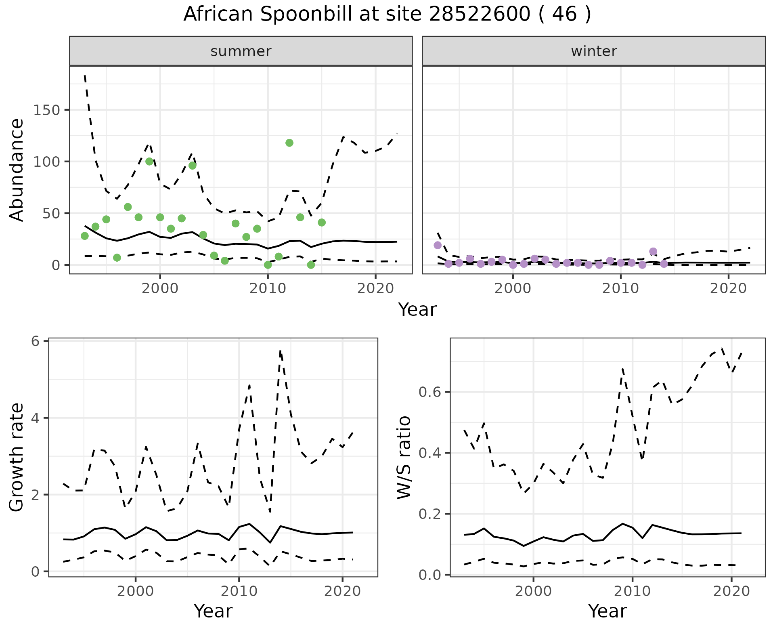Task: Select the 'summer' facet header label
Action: click(x=241, y=51)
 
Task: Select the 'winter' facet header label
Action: click(x=594, y=51)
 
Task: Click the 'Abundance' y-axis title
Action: click(x=17, y=170)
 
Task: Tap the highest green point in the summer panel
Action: click(x=289, y=143)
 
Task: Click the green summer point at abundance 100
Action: click(x=149, y=162)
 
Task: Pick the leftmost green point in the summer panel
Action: click(x=85, y=236)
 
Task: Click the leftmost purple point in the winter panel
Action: click(x=438, y=245)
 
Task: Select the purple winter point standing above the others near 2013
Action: click(x=653, y=252)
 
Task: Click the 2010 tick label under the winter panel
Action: click(x=620, y=288)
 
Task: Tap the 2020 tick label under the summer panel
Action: click(x=375, y=288)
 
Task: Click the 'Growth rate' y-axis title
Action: click(x=17, y=458)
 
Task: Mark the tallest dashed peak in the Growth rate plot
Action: click(x=280, y=351)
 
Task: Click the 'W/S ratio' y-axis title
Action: click(x=404, y=458)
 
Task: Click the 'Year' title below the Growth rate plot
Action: click(x=213, y=611)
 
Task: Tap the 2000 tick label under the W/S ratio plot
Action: click(x=533, y=591)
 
